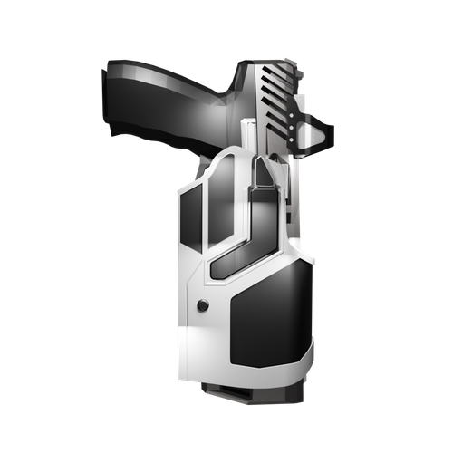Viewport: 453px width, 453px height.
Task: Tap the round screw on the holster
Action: (203, 305)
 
